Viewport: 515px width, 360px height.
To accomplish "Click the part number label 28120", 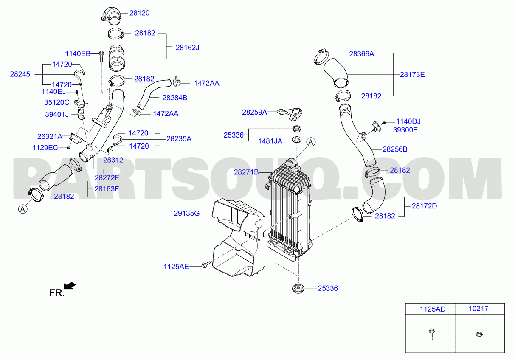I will (139, 13).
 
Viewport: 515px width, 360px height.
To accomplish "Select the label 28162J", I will (187, 48).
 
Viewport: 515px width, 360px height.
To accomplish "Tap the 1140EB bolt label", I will (78, 53).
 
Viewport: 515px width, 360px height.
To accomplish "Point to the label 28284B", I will (175, 97).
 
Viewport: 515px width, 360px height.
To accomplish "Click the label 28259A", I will (254, 112).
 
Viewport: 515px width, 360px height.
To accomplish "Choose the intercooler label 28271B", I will (246, 172).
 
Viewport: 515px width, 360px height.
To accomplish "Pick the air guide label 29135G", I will (186, 213).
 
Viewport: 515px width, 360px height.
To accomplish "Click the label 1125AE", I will (176, 267).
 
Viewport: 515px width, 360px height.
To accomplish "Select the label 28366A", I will (361, 54).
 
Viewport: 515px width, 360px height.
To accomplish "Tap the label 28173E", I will (412, 74).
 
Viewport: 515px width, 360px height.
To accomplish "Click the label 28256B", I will (395, 149).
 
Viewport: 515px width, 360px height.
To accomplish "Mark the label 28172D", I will (424, 206).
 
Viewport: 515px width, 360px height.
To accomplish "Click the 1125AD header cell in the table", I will (433, 309).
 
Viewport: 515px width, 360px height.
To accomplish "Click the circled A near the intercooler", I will (311, 142).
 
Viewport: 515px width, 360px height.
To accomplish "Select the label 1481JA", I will (270, 141).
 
